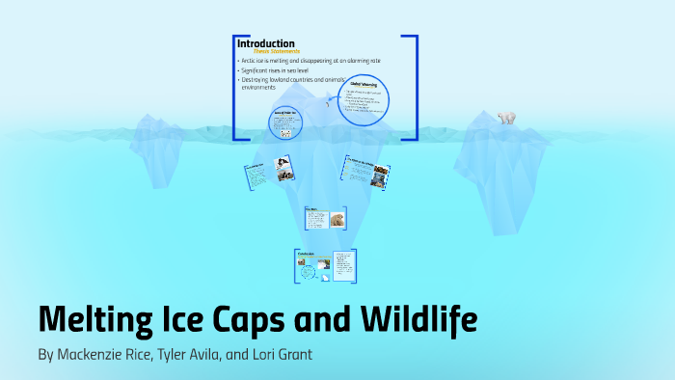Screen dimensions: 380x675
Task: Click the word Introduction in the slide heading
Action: click(266, 43)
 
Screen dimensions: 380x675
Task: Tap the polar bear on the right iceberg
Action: click(505, 118)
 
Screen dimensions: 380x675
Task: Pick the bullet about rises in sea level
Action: click(290, 71)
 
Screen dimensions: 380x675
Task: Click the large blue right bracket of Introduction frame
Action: click(414, 87)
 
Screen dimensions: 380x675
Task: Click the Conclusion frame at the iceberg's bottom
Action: click(324, 266)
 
